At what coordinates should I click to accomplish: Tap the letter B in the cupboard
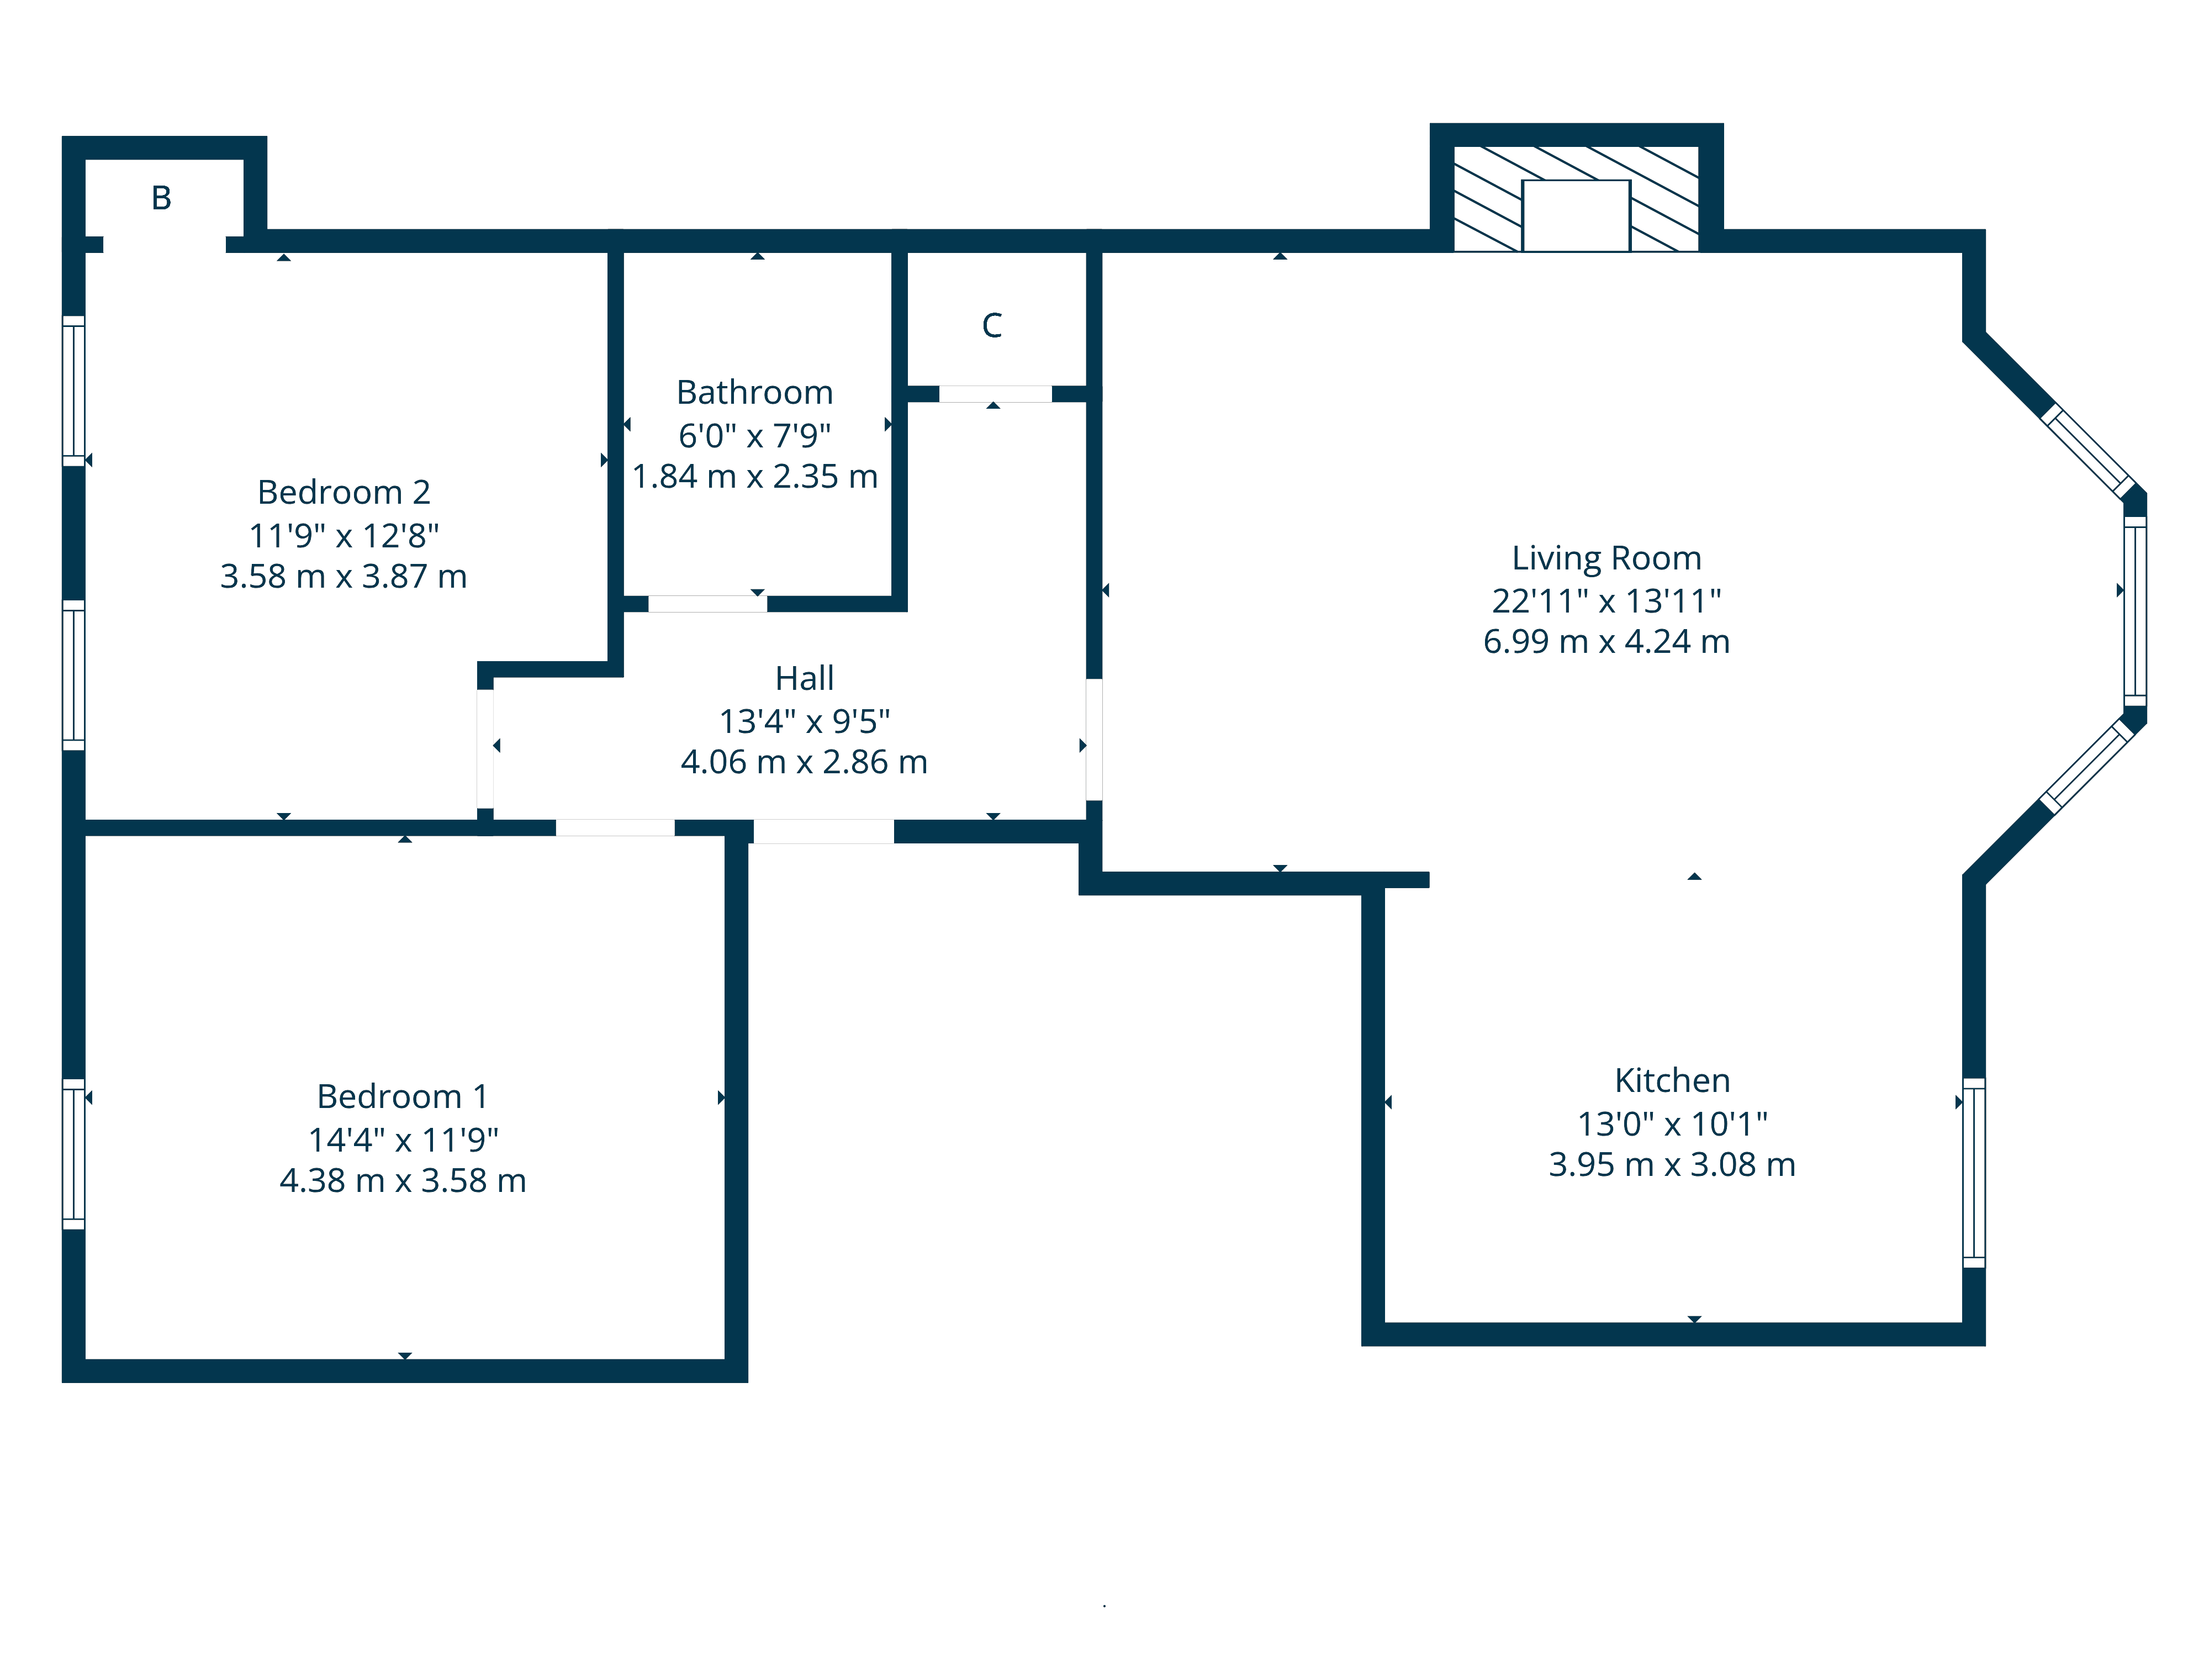pyautogui.click(x=161, y=198)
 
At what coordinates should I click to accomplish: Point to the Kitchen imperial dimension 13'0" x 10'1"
pyautogui.click(x=1672, y=1123)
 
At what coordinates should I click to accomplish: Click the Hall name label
pyautogui.click(x=804, y=678)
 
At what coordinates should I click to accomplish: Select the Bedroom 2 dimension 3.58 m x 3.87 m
pyautogui.click(x=343, y=576)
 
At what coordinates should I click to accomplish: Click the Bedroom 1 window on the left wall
pyautogui.click(x=74, y=1154)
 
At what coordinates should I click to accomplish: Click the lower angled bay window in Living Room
pyautogui.click(x=2086, y=766)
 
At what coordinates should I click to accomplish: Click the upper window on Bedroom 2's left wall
pyautogui.click(x=74, y=390)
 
